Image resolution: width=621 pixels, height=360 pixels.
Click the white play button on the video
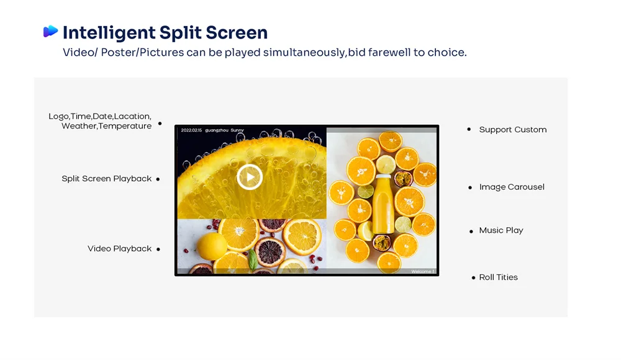click(250, 178)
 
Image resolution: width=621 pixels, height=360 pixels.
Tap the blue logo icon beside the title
click(50, 32)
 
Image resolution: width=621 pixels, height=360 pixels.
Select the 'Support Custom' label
click(512, 130)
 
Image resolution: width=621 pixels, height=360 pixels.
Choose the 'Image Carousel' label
click(511, 187)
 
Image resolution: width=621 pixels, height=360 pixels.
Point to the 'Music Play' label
click(501, 230)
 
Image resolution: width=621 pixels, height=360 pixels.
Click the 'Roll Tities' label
click(498, 277)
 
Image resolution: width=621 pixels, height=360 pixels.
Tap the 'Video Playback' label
click(119, 249)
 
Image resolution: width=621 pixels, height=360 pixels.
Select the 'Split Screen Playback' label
click(106, 179)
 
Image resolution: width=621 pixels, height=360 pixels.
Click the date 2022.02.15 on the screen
click(191, 130)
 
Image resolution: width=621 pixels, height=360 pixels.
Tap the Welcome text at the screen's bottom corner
click(422, 272)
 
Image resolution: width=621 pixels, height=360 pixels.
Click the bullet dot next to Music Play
click(471, 232)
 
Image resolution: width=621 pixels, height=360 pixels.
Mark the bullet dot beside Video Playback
click(158, 250)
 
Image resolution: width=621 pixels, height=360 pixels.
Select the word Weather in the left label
click(78, 126)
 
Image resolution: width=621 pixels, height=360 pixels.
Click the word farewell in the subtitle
click(389, 53)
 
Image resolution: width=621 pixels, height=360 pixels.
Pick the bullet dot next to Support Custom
click(469, 130)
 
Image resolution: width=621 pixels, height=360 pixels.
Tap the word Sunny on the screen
click(237, 130)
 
